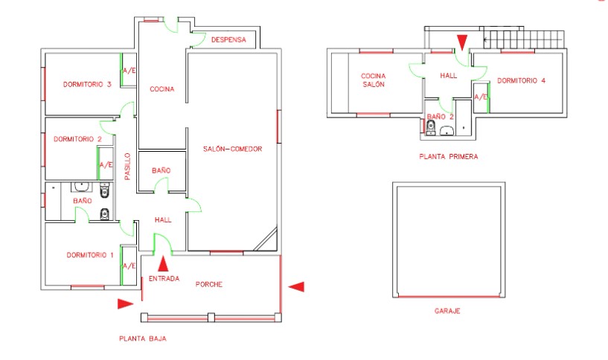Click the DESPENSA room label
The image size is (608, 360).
coord(228,39)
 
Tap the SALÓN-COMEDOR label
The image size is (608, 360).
coord(232,149)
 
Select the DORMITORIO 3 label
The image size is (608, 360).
coord(87,84)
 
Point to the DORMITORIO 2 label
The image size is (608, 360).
coord(77,139)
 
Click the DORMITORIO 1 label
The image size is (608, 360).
coord(90,255)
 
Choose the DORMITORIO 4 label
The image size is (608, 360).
coord(522,80)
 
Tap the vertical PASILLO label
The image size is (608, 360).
coord(127,167)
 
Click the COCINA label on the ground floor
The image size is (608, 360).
coord(161,89)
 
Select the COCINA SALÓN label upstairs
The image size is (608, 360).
coord(373,80)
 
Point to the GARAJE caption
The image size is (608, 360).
coord(447,311)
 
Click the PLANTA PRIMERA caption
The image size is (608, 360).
coord(448,157)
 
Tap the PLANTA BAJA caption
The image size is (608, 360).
coord(142,338)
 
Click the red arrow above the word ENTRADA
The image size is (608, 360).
coord(163,262)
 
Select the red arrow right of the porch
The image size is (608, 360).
coord(296,286)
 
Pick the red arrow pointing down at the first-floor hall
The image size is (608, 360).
coord(463,41)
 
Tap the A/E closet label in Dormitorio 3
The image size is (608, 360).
coord(129,71)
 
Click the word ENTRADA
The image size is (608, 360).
coord(164,279)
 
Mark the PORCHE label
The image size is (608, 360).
coord(209,285)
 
